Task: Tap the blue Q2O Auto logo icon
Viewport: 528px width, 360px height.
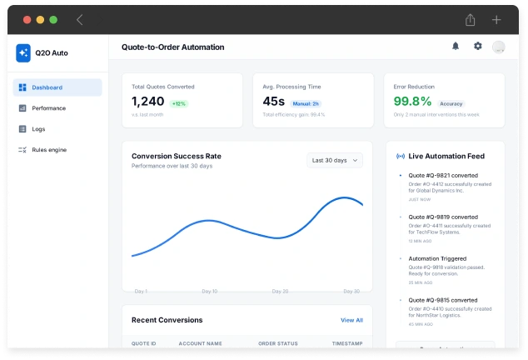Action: [x=23, y=52]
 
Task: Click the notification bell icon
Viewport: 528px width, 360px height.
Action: [x=456, y=47]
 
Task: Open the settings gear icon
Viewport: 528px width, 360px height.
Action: [x=478, y=47]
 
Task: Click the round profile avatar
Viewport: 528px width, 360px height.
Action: [x=499, y=47]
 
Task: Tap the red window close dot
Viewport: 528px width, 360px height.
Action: [x=27, y=19]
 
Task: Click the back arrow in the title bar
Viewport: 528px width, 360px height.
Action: [x=80, y=19]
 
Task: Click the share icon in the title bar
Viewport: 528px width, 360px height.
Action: [x=471, y=19]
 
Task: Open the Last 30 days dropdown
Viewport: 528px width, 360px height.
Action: [x=334, y=160]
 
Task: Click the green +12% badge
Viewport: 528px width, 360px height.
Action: [x=179, y=103]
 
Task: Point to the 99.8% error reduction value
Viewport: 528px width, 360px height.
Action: [x=413, y=101]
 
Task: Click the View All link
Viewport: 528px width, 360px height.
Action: [x=351, y=320]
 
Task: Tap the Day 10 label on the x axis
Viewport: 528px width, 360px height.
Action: [x=209, y=292]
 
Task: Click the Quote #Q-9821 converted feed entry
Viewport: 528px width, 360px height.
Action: [x=437, y=176]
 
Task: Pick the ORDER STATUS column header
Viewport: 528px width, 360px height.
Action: [x=278, y=343]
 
